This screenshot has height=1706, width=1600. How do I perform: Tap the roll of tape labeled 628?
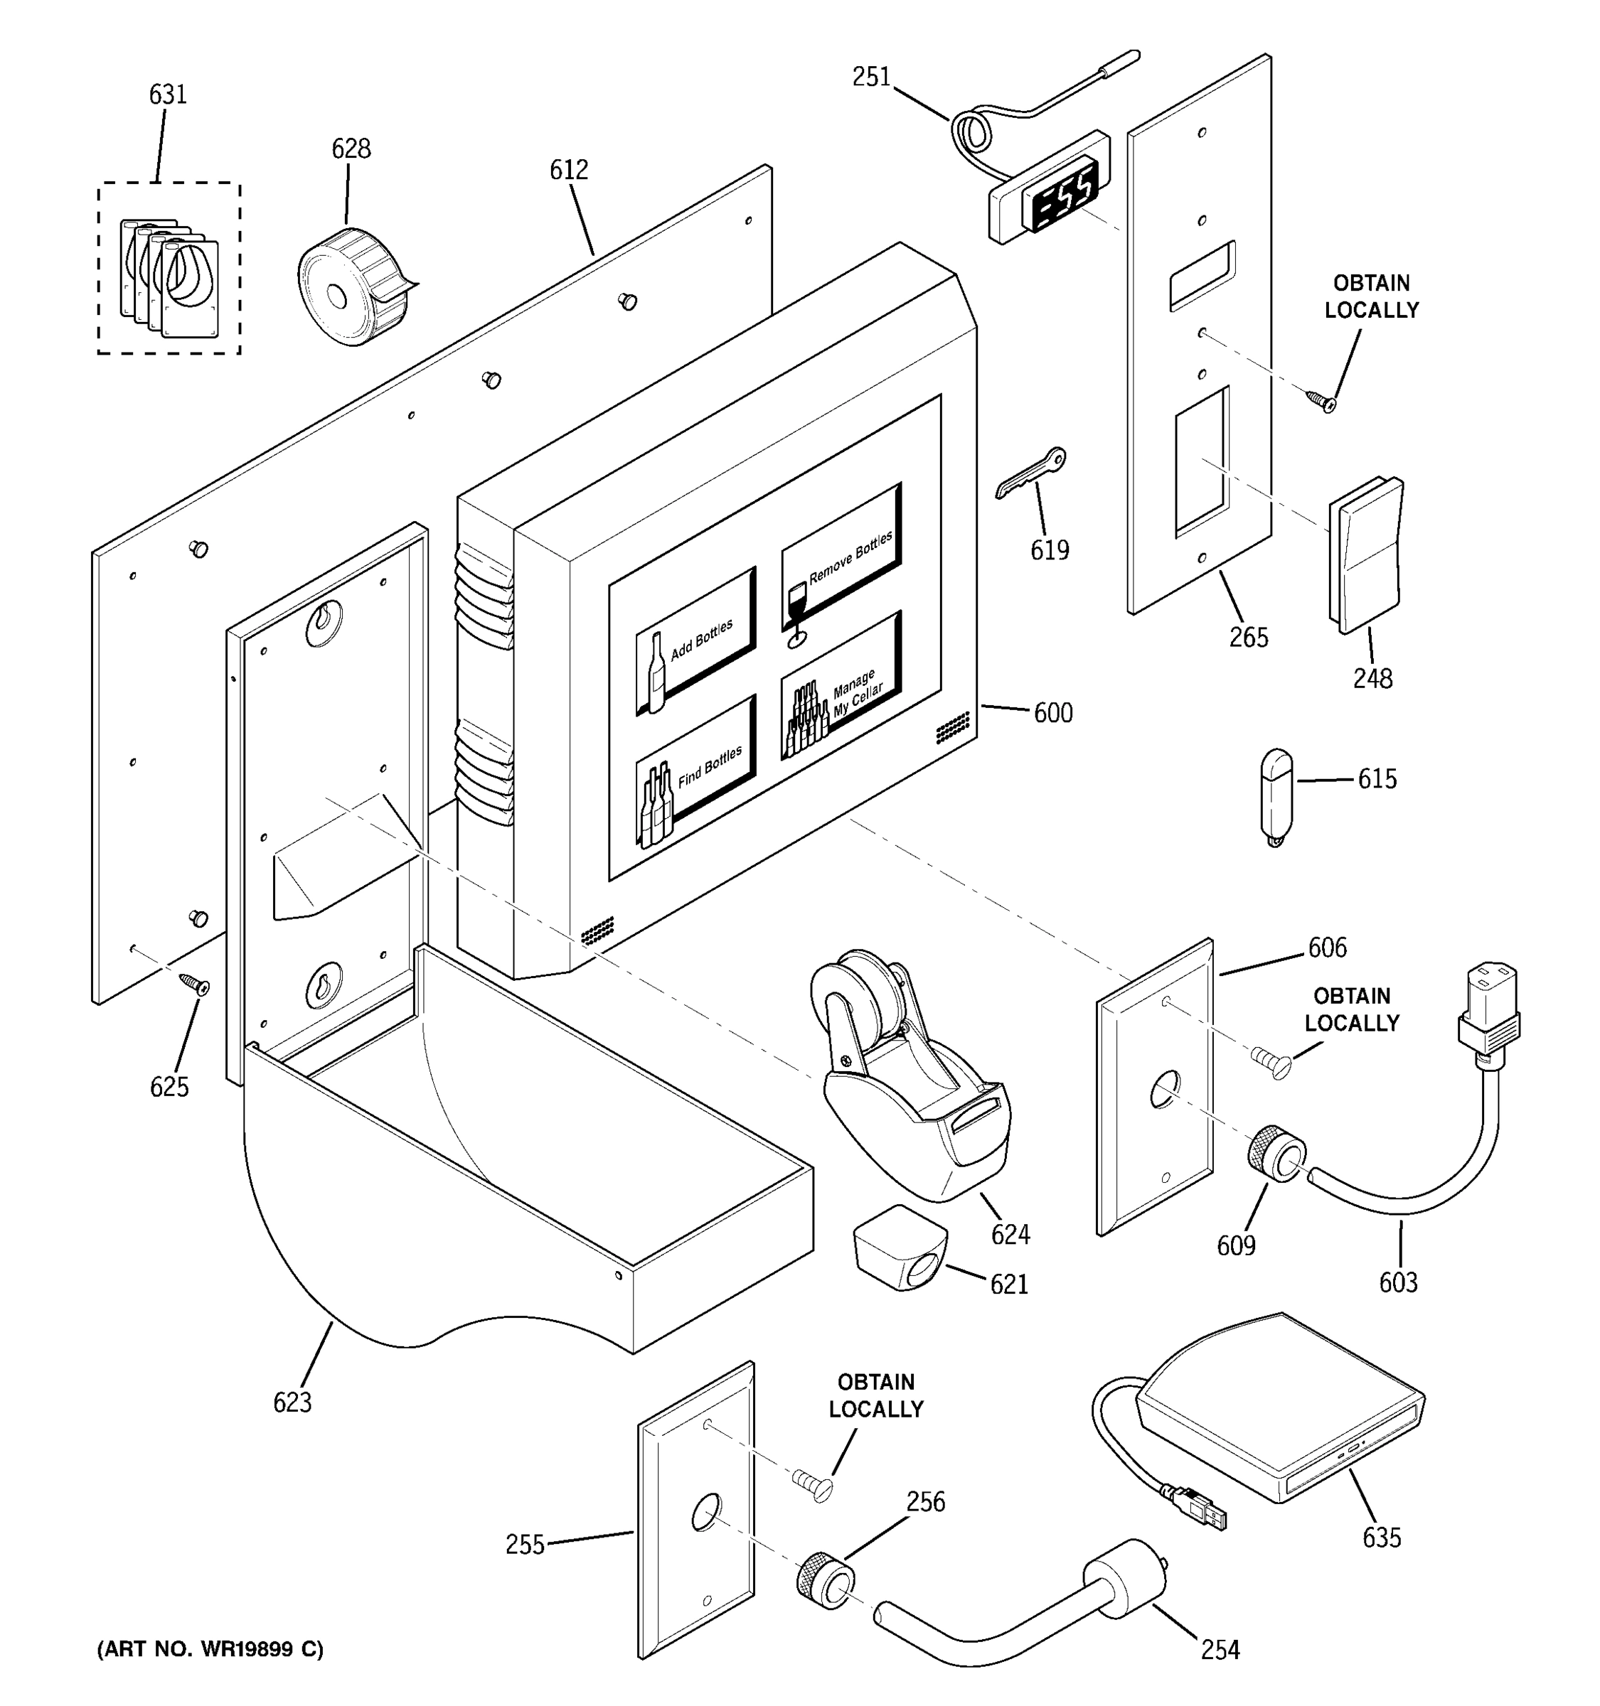click(x=350, y=286)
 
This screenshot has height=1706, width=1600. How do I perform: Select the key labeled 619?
click(x=1030, y=472)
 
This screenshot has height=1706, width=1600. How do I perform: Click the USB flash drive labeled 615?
click(x=1276, y=795)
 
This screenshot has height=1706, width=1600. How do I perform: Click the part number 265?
click(x=1247, y=637)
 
